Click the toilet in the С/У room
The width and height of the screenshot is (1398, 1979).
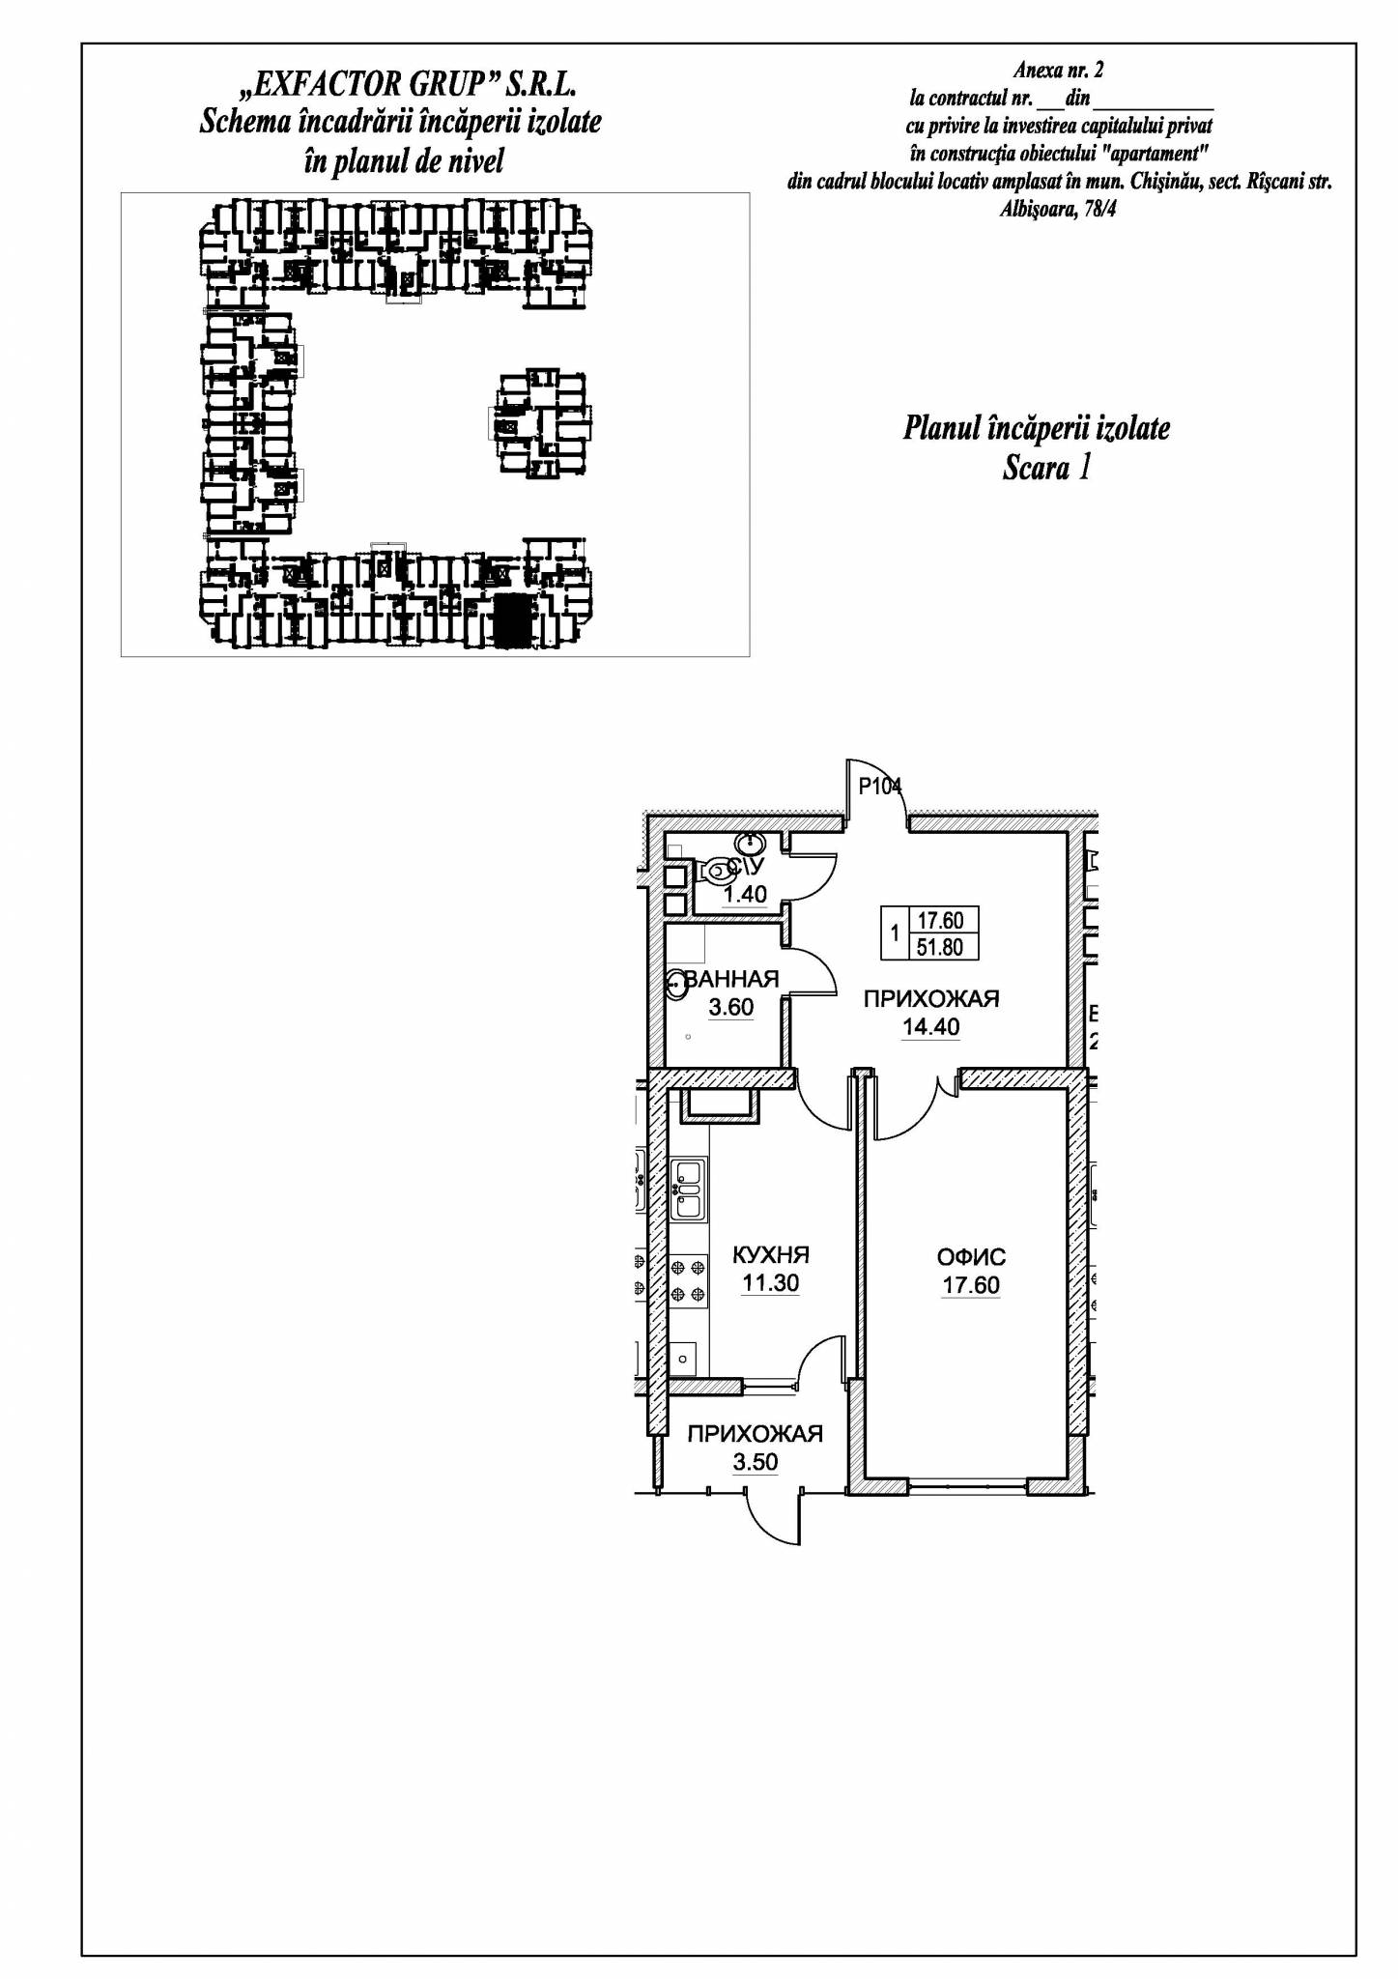pyautogui.click(x=717, y=872)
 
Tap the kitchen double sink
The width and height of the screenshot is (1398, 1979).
pyautogui.click(x=688, y=1188)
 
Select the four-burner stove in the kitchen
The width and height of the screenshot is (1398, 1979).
pyautogui.click(x=688, y=1279)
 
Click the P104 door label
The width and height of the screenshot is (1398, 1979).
pyautogui.click(x=879, y=787)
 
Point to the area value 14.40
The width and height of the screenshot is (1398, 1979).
pyautogui.click(x=930, y=1027)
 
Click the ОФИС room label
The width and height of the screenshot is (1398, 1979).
pyautogui.click(x=971, y=1257)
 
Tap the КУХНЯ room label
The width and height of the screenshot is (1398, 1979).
pyautogui.click(x=770, y=1255)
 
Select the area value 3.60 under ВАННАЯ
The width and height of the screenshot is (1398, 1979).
pyautogui.click(x=730, y=1007)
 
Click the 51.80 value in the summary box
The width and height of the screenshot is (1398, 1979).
pyautogui.click(x=940, y=947)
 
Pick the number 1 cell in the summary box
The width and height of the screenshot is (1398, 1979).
pyautogui.click(x=895, y=933)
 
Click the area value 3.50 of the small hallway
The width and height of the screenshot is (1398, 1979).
pyautogui.click(x=755, y=1462)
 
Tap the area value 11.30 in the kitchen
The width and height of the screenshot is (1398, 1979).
pyautogui.click(x=770, y=1283)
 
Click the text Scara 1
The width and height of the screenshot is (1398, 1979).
pyautogui.click(x=1046, y=468)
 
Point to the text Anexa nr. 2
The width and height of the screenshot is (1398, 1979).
pyautogui.click(x=1059, y=70)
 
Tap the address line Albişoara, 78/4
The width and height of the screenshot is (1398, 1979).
pyautogui.click(x=1058, y=209)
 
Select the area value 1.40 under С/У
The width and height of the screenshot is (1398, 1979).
pyautogui.click(x=745, y=894)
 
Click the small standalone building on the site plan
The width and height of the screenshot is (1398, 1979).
pyautogui.click(x=542, y=423)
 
